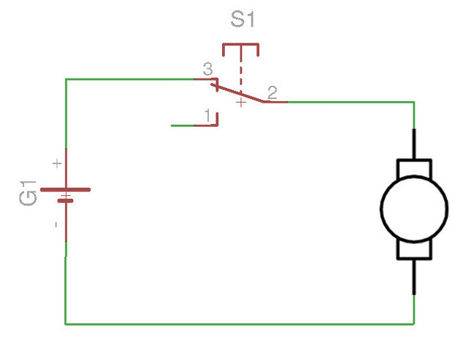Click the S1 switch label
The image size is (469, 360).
tap(243, 20)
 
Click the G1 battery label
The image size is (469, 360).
tap(29, 192)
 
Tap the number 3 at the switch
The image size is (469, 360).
tap(207, 70)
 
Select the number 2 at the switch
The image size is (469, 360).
tap(272, 92)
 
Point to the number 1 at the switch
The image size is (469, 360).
tap(208, 115)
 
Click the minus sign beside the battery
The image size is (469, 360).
tap(56, 224)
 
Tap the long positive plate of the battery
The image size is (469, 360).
tap(65, 189)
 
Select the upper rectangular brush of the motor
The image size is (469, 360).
tap(414, 168)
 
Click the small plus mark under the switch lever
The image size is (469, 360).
tap(240, 104)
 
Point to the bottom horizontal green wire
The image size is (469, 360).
tap(242, 323)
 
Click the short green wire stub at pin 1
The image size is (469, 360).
tap(182, 125)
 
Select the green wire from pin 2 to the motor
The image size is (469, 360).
tap(352, 102)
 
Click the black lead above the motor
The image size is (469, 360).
tap(414, 144)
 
